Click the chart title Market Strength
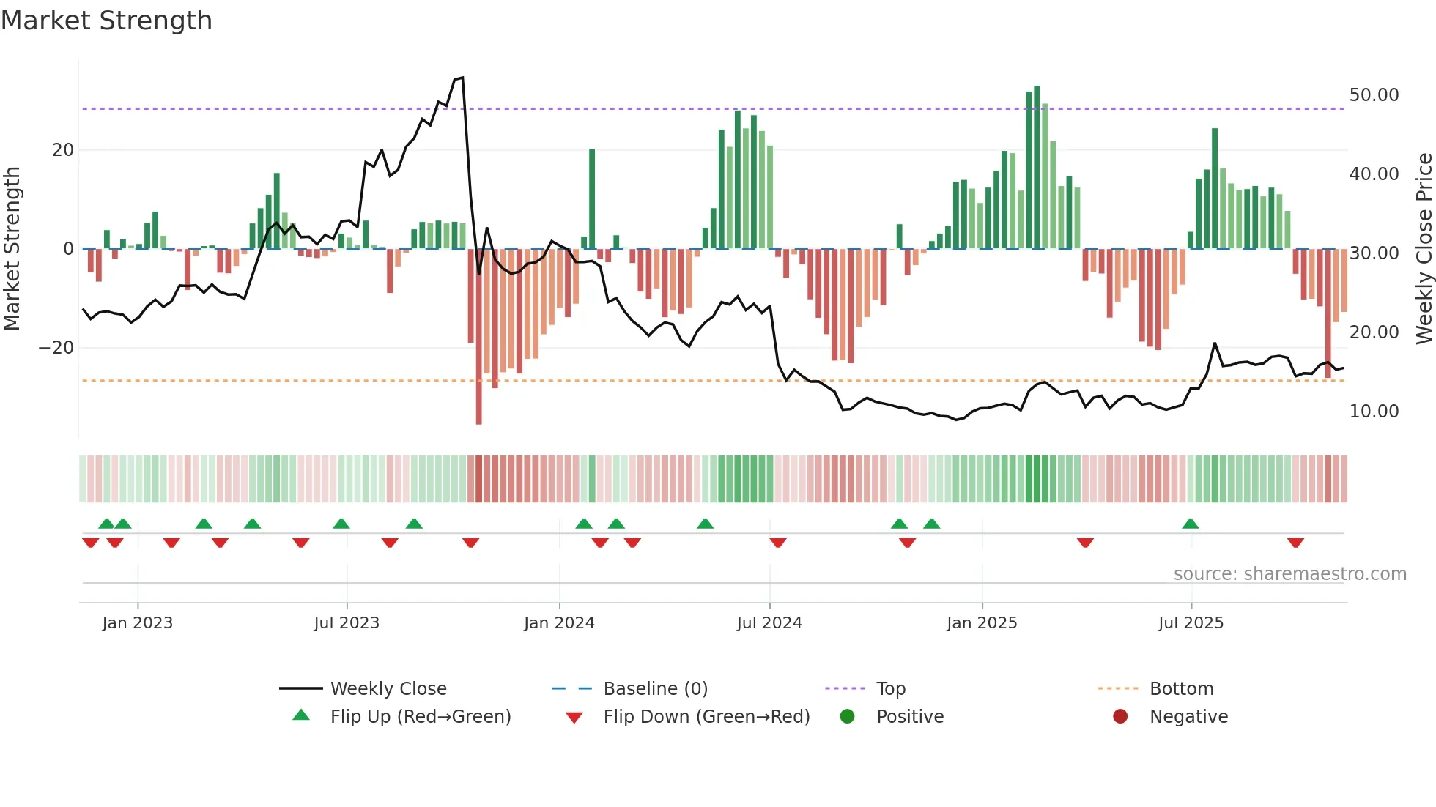click(x=106, y=21)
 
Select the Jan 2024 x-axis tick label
click(x=559, y=623)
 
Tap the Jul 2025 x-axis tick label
click(x=1191, y=623)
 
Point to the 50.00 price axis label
click(x=1374, y=95)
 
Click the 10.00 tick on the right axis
click(x=1374, y=412)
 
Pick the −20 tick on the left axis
click(x=56, y=348)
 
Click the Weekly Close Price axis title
click(x=1424, y=249)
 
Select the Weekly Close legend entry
click(x=388, y=689)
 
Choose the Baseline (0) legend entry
click(x=655, y=689)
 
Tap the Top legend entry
click(x=890, y=689)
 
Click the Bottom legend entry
click(x=1181, y=689)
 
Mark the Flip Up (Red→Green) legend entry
click(x=420, y=717)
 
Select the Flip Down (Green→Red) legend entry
click(x=706, y=717)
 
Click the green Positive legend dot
click(x=847, y=717)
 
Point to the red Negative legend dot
click(x=1120, y=717)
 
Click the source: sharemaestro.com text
click(x=1289, y=574)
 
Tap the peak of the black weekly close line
click(x=462, y=78)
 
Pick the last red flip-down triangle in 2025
click(x=1295, y=543)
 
